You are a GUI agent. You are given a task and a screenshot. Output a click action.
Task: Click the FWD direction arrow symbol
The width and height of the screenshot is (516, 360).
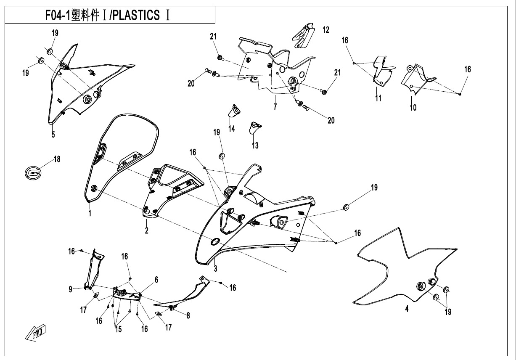(36, 332)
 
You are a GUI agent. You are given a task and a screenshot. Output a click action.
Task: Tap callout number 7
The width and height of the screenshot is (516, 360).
(275, 106)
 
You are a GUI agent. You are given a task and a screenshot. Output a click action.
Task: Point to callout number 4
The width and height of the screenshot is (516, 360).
(407, 309)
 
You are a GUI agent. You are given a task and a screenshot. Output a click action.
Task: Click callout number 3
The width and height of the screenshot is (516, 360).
(215, 268)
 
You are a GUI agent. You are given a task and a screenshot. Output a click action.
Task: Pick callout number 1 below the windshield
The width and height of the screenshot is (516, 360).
(90, 213)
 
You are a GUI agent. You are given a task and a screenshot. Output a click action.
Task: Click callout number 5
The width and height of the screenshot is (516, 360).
(53, 135)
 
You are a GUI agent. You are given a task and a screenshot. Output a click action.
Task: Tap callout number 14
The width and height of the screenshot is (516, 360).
(232, 129)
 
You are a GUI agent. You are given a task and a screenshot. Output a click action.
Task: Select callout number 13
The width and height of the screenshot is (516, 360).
(255, 146)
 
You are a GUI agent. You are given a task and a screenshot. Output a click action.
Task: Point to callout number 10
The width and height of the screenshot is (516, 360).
(413, 108)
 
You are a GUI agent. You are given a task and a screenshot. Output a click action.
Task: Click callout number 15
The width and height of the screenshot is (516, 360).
(118, 329)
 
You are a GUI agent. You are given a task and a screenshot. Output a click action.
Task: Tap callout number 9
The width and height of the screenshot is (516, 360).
(71, 289)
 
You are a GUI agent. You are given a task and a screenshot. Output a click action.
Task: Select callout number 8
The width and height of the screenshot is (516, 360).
(188, 314)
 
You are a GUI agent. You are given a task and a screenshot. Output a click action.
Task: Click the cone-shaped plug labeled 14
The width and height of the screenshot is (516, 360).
(233, 111)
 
